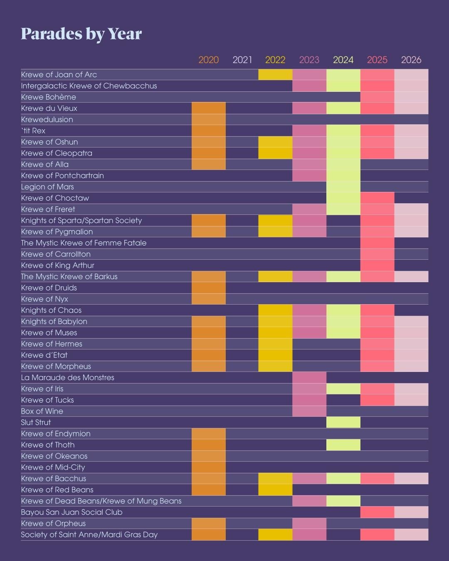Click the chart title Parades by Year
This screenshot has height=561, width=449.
(x=81, y=34)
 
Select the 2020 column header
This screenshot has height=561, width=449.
(x=208, y=60)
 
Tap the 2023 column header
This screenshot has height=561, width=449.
(x=309, y=60)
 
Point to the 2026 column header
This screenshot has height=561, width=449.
(x=411, y=60)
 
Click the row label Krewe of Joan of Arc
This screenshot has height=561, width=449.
(x=59, y=75)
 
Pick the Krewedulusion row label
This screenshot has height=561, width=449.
(x=47, y=120)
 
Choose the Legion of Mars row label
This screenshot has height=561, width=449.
(x=47, y=187)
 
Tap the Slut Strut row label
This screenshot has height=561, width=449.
(x=36, y=423)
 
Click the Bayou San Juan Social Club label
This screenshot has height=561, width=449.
(x=72, y=512)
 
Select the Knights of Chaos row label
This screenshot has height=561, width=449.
(x=51, y=310)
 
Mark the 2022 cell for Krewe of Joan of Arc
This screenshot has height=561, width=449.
(x=275, y=75)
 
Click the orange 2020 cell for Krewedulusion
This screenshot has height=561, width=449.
(x=209, y=120)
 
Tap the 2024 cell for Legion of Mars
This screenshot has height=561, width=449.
(x=343, y=187)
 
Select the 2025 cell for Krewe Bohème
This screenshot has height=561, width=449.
(x=377, y=97)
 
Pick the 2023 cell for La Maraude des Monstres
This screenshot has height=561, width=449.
(x=309, y=378)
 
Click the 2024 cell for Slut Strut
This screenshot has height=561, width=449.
(x=343, y=423)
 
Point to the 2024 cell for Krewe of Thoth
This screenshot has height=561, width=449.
(x=343, y=445)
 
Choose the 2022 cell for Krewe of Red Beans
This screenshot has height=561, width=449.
(x=275, y=490)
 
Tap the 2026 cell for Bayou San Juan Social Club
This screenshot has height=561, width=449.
(x=411, y=512)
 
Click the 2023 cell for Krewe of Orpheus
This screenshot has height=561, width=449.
(x=309, y=524)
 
